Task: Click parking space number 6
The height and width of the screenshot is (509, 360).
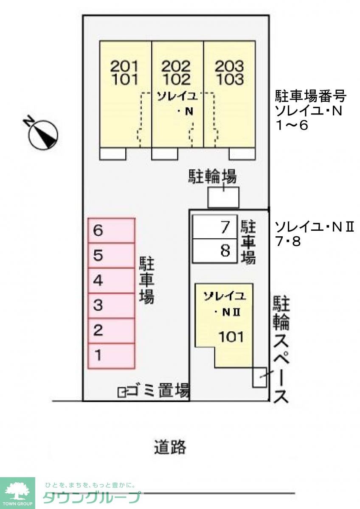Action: (111, 230)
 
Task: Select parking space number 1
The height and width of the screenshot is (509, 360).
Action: (111, 355)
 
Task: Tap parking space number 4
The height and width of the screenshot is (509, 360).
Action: (111, 280)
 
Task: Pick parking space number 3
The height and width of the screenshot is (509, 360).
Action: (111, 305)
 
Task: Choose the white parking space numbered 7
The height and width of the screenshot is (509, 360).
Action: (214, 227)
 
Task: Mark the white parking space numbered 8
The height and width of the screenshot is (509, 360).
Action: (214, 251)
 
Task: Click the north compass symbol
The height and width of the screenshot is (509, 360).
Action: (43, 134)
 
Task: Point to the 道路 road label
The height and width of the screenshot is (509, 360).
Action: (170, 447)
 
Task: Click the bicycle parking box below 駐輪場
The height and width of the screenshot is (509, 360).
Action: (223, 197)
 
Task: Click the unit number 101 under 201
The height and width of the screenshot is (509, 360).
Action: (125, 79)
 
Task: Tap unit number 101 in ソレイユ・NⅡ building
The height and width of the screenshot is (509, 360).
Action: (231, 337)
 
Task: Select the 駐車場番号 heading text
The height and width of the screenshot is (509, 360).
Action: (311, 97)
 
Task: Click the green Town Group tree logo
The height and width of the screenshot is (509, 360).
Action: (17, 492)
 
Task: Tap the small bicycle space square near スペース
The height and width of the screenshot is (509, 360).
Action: (259, 377)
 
